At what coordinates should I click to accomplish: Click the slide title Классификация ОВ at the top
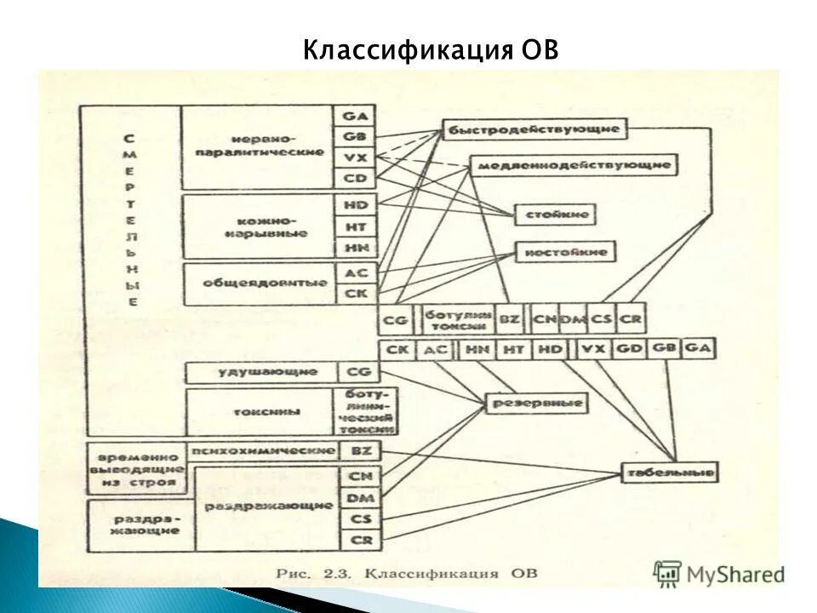pos(431,50)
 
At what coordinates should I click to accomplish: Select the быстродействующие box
pos(534,129)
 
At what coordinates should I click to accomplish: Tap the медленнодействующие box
pos(573,165)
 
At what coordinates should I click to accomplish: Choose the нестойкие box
pos(565,252)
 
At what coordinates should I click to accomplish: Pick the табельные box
pos(669,473)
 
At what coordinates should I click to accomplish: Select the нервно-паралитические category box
pos(257,146)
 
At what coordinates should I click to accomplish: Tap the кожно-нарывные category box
pos(257,226)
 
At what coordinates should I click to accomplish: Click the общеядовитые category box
pos(257,284)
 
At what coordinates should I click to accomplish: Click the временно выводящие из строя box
pos(135,468)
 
